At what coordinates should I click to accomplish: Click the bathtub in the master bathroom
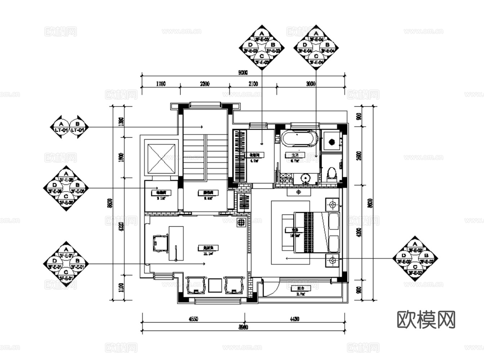click(x=299, y=139)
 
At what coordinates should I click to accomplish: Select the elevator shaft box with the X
click(x=161, y=159)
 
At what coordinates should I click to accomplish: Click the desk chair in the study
click(x=160, y=243)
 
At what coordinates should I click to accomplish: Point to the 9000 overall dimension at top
click(x=243, y=72)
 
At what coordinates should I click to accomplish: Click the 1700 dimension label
click(x=161, y=84)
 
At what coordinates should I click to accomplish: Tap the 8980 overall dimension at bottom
click(x=243, y=328)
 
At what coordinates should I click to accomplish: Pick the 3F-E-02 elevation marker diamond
click(x=415, y=258)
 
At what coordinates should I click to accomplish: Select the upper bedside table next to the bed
click(x=332, y=205)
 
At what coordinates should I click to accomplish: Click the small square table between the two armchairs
click(x=215, y=285)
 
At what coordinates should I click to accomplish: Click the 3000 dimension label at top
click(x=310, y=84)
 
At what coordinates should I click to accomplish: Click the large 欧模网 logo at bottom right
click(x=426, y=319)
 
